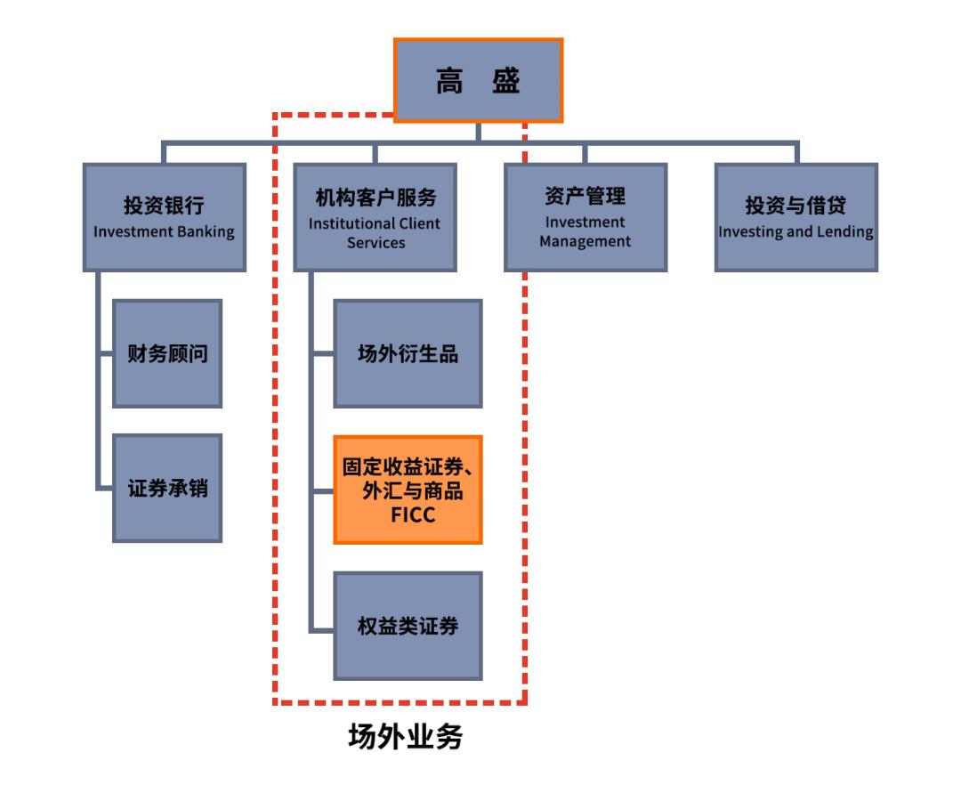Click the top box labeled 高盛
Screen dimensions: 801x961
coord(478,80)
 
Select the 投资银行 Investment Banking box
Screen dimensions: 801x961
coord(164,217)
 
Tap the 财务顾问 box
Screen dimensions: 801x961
coord(167,353)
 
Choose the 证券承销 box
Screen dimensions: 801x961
coord(167,488)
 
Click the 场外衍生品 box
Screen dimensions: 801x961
coord(408,353)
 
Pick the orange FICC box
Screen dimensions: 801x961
coord(408,489)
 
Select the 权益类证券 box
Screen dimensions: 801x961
coord(408,626)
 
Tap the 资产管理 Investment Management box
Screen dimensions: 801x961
coord(585,217)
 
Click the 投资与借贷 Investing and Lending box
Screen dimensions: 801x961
coord(795,217)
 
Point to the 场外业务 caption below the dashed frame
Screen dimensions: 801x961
coord(405,737)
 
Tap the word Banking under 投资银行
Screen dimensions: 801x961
coord(204,232)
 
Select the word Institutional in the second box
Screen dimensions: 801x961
coord(348,223)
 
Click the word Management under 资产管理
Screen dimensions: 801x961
coord(585,241)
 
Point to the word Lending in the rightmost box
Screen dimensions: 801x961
coord(846,232)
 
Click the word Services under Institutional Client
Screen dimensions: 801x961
coord(376,242)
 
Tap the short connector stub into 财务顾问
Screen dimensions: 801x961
coord(105,353)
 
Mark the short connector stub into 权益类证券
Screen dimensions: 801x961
coord(322,630)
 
